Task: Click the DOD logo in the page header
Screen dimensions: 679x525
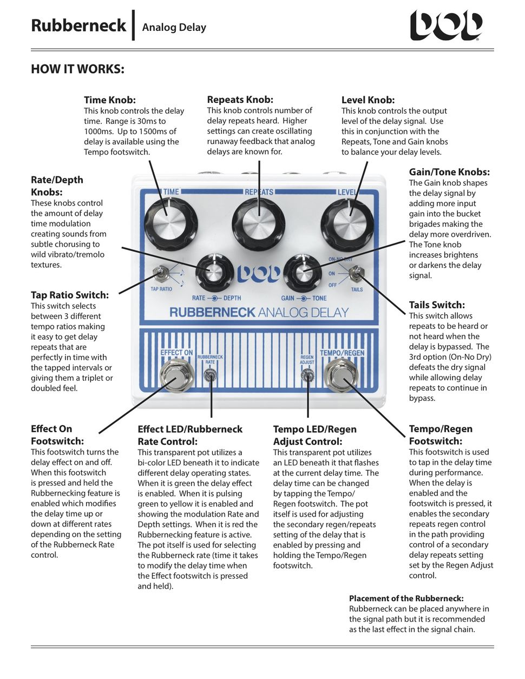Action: (x=445, y=26)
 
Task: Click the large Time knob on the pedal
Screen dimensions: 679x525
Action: (x=168, y=223)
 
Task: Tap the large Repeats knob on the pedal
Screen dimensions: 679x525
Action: (x=258, y=223)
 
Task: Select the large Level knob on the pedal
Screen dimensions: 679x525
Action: (x=347, y=223)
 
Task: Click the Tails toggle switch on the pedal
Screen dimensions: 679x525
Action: (x=356, y=275)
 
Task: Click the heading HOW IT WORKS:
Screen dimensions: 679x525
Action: (x=77, y=69)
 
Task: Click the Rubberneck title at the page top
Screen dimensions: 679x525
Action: (x=78, y=25)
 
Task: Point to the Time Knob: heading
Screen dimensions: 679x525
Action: (x=109, y=100)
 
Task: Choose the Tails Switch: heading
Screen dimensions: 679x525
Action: (x=436, y=305)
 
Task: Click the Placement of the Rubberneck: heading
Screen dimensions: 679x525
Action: (x=406, y=598)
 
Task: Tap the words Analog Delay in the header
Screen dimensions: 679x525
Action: (x=174, y=27)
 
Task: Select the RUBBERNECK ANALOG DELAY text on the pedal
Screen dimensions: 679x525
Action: (x=259, y=312)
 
